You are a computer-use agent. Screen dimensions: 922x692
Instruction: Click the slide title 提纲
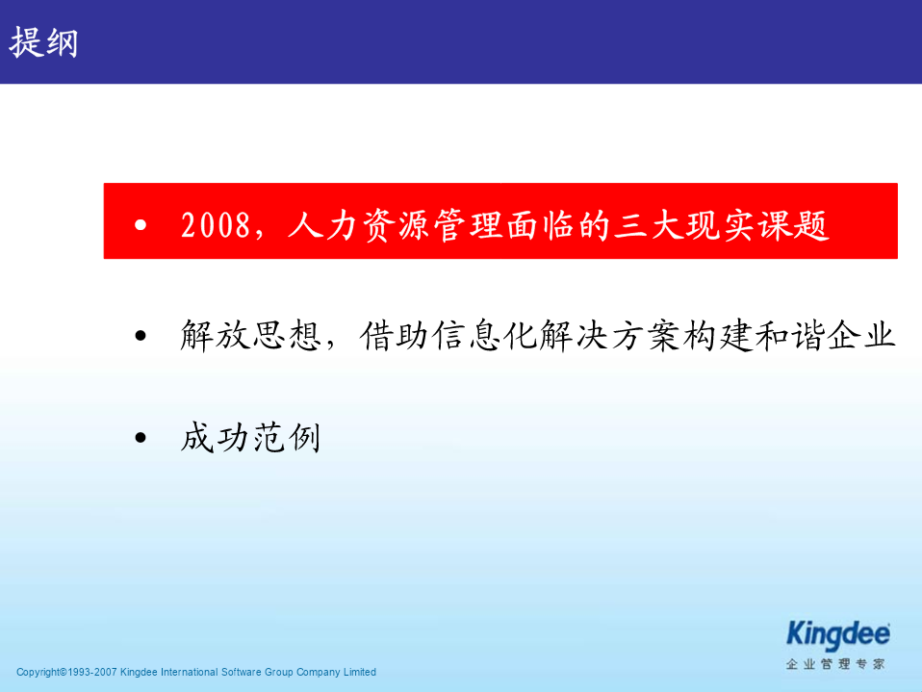[43, 42]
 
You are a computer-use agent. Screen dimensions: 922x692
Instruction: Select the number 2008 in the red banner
[216, 225]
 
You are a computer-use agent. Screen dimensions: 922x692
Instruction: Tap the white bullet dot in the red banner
[141, 224]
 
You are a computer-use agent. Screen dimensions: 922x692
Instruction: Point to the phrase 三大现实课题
[722, 226]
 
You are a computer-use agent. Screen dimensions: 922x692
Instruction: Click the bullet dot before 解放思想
[141, 336]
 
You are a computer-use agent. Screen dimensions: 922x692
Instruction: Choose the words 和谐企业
[825, 336]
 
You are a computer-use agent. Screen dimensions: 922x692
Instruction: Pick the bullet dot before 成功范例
[141, 437]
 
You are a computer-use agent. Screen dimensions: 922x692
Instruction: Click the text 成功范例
[251, 437]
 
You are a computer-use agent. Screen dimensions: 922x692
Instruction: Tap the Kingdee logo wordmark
[838, 635]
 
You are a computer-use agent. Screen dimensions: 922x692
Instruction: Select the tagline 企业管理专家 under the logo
[835, 664]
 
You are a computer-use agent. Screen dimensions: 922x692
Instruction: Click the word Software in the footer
[241, 672]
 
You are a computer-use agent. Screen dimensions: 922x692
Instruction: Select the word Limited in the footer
[360, 672]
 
